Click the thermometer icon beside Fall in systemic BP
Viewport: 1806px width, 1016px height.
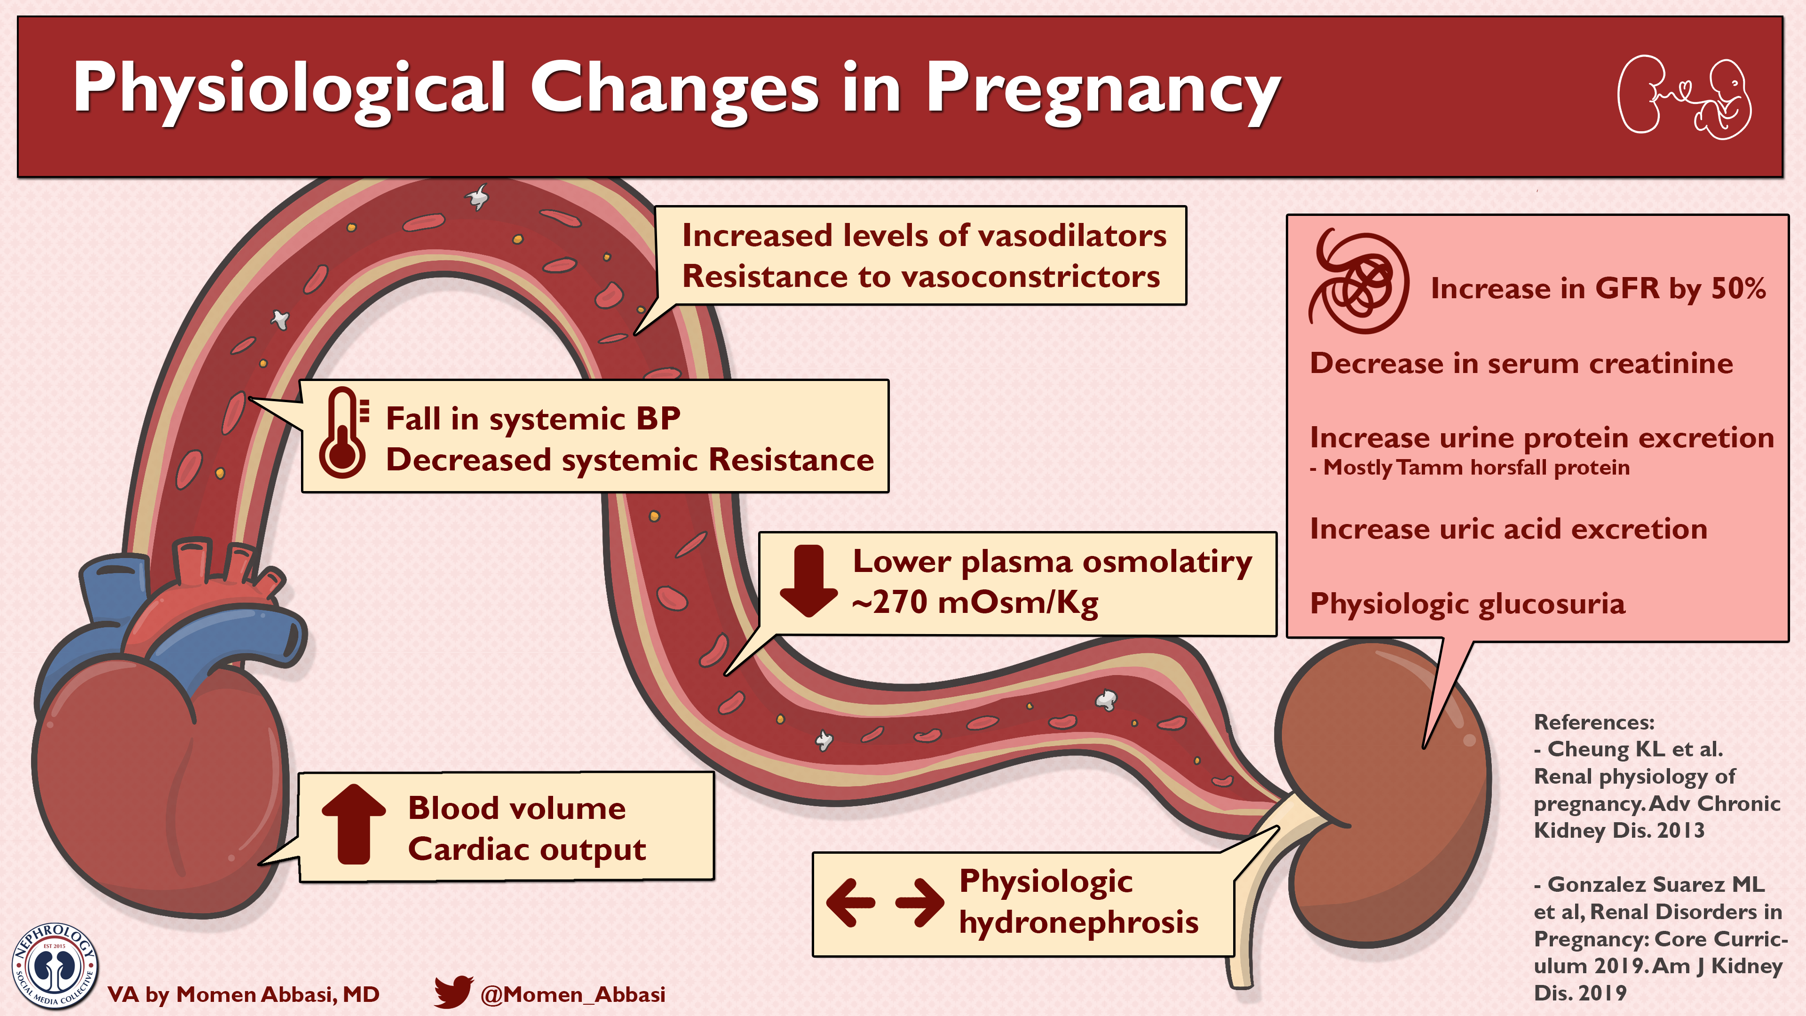click(x=343, y=433)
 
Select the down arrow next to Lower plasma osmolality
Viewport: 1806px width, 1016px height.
click(x=808, y=580)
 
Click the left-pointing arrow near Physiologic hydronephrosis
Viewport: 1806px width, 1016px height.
click(x=850, y=903)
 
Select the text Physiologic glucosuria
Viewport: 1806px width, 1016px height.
click(x=1467, y=603)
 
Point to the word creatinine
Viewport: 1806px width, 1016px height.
click(x=1661, y=363)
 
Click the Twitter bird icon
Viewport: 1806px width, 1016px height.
click(x=453, y=992)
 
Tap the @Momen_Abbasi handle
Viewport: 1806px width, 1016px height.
click(x=573, y=994)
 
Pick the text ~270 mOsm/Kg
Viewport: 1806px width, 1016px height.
click(x=974, y=602)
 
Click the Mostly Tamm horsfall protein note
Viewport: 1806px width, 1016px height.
click(x=1469, y=468)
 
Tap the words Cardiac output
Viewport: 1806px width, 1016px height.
click(x=527, y=849)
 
